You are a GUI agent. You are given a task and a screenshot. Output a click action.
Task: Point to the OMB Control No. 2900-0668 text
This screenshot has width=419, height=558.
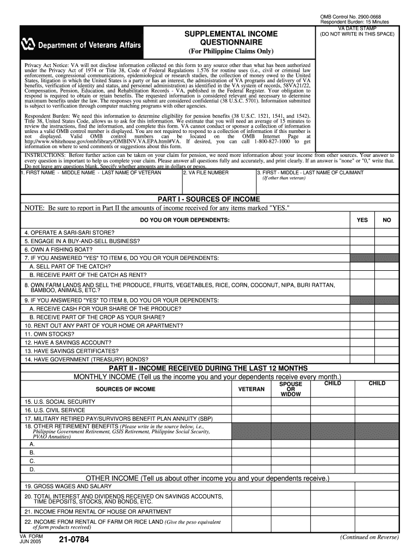(350, 16)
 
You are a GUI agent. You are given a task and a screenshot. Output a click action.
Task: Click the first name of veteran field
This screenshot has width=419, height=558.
(101, 183)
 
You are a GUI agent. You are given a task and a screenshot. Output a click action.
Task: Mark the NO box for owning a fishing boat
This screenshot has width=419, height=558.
(387, 249)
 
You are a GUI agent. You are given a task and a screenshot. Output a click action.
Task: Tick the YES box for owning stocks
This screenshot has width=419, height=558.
(362, 333)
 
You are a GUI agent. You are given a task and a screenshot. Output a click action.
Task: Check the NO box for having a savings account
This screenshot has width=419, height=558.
(387, 342)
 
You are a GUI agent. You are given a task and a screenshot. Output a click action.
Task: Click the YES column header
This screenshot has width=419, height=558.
(362, 220)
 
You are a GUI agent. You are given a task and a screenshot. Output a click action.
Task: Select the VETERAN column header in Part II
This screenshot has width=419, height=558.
(252, 389)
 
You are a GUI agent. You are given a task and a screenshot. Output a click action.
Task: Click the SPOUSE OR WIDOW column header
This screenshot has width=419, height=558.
(291, 389)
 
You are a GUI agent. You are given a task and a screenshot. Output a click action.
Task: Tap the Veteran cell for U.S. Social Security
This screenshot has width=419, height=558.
(252, 402)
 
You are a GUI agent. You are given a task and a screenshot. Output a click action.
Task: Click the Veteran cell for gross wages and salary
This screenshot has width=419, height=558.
(252, 486)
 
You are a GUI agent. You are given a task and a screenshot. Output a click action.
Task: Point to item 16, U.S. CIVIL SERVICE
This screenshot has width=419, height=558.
(54, 410)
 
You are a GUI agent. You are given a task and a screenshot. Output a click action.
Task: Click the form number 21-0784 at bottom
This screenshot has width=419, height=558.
(71, 541)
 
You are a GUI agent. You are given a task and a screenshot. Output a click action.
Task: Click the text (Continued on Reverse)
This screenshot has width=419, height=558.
(369, 537)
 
